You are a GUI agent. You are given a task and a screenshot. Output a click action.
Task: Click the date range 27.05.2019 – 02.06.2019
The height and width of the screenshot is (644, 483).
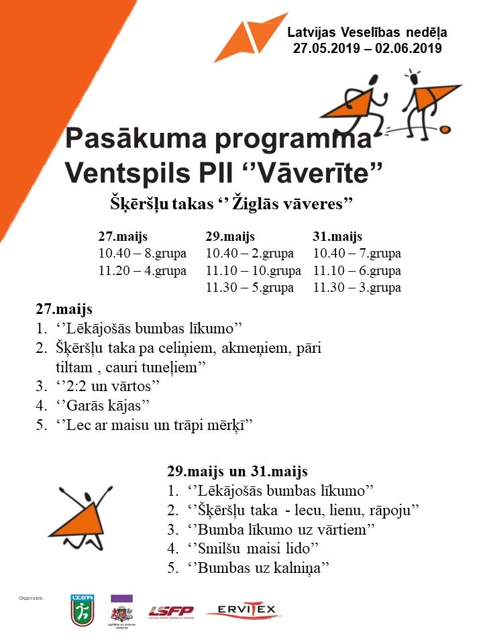coord(367,48)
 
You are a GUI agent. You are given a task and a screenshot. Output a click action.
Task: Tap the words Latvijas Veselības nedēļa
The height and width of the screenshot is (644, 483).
coord(367,32)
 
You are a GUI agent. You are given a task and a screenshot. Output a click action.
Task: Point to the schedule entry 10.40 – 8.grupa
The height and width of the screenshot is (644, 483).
coord(142,254)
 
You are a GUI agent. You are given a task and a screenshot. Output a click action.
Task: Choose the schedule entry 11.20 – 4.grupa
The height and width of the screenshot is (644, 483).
coord(142,271)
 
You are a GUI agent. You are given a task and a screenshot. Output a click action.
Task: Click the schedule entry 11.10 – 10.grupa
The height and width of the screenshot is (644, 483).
coord(253,271)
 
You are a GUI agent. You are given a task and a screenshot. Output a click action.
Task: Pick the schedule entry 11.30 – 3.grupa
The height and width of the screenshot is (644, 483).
coord(357,288)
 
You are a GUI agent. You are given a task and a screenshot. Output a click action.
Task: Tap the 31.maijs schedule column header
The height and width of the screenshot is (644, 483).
coord(337,237)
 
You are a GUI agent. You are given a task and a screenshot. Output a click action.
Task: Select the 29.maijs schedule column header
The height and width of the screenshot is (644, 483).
coord(230,237)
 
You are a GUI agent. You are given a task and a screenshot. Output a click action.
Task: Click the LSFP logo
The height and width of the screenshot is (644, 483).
coord(170,610)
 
